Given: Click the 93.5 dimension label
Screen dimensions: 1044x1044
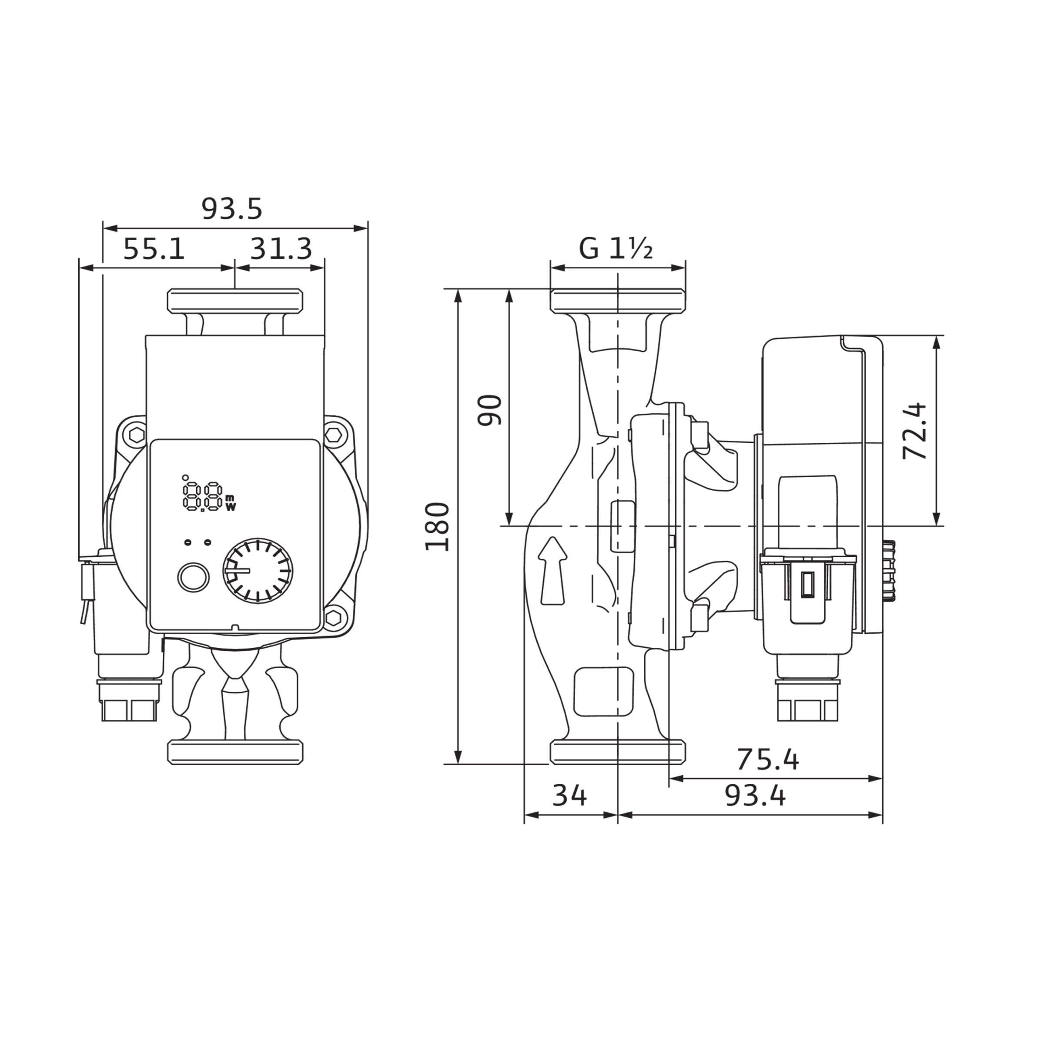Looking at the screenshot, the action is coord(232,209).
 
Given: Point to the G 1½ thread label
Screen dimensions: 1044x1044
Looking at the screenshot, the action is coord(616,248).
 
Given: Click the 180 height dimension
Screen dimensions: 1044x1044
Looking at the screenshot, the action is coord(437,527).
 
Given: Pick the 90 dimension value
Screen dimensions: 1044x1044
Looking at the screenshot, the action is coord(490,411).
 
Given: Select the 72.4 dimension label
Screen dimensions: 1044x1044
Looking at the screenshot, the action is coord(915,431).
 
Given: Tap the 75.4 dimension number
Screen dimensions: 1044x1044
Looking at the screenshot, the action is coord(767,760).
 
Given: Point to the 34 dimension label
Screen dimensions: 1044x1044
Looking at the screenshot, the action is coord(569,796).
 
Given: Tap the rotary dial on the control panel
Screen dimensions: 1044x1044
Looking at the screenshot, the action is coord(258,570).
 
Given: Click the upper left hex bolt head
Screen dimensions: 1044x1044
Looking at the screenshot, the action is coord(138,434).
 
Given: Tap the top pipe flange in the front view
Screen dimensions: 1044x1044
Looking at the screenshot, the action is coord(235,301).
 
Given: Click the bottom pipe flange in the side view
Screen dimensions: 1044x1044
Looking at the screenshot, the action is coord(618,752).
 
